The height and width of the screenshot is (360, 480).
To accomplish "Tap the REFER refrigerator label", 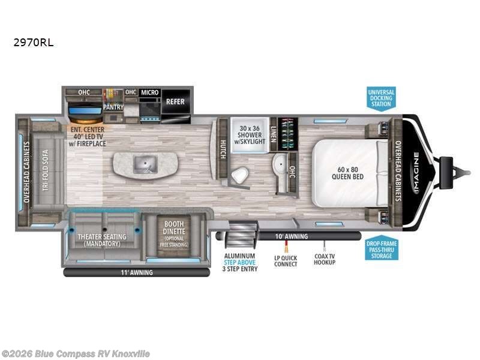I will [x=175, y=102].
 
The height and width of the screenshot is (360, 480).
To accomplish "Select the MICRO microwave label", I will [x=149, y=92].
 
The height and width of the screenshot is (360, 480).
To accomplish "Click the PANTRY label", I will [x=113, y=107].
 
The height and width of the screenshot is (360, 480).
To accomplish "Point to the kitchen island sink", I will [x=145, y=161].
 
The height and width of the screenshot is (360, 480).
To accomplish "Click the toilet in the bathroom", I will [x=241, y=174].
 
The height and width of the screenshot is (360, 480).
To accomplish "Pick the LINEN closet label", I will [x=273, y=129].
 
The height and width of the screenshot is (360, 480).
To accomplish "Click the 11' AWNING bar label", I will [x=137, y=272].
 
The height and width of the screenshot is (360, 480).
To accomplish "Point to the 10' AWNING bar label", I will [x=292, y=236].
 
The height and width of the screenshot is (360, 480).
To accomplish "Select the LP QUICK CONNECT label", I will [x=286, y=261].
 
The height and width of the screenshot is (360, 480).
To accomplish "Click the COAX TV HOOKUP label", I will [x=325, y=260].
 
